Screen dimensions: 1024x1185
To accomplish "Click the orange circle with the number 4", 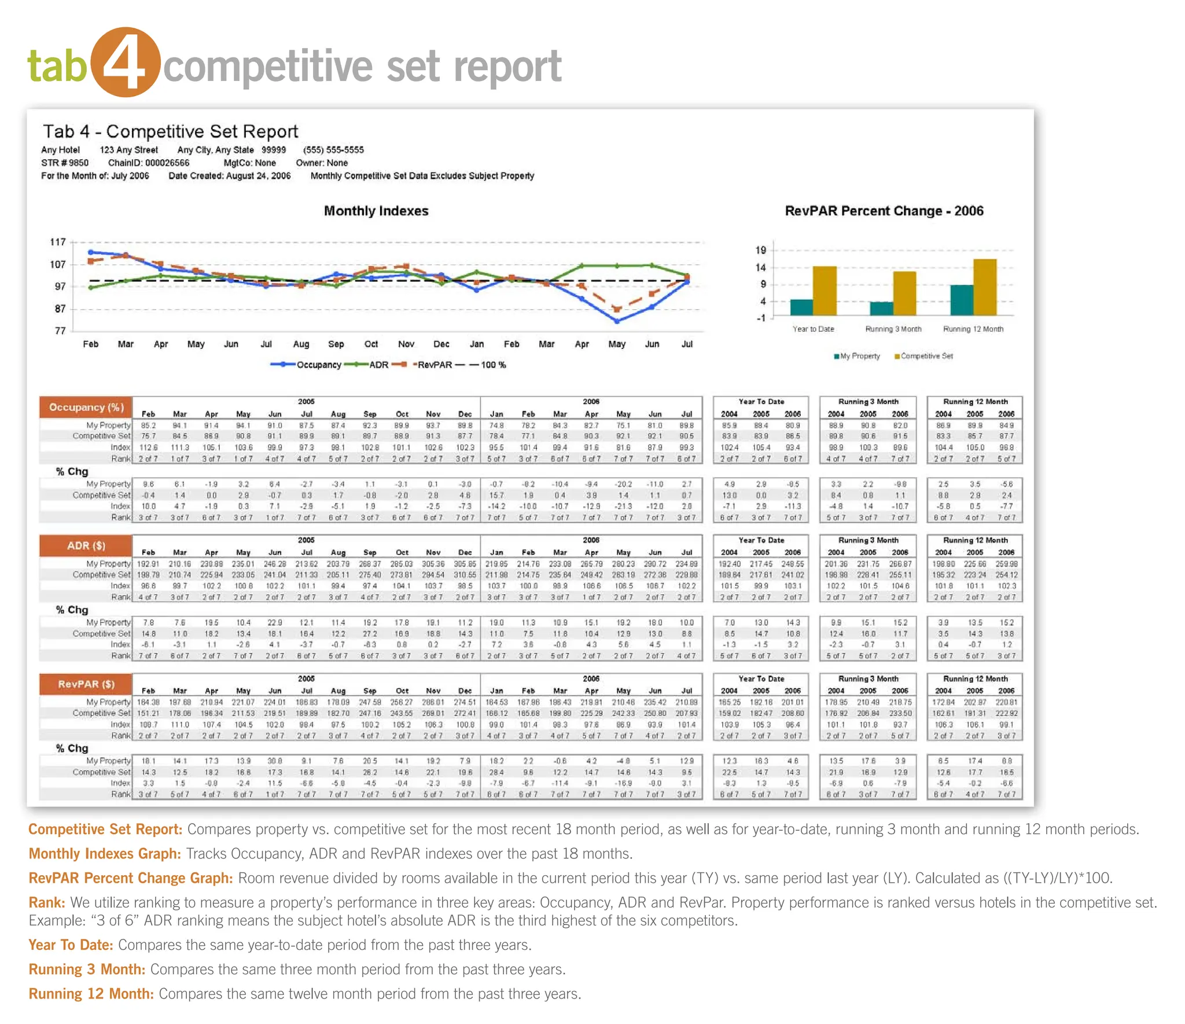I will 126,62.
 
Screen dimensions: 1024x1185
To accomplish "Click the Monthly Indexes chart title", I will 376,211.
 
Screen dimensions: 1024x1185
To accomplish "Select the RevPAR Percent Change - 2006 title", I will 884,211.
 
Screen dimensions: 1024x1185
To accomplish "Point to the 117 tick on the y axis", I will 58,242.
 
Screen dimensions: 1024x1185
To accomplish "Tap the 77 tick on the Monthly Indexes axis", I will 60,331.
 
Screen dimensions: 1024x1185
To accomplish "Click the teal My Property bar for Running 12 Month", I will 961,300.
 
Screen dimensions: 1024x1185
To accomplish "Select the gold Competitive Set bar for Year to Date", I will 825,291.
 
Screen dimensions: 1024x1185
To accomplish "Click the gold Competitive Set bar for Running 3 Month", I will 904,293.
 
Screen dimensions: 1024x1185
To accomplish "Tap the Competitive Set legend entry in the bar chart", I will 924,356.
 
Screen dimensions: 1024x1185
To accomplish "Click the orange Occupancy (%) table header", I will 86,407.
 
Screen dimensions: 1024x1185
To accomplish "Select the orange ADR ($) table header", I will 86,545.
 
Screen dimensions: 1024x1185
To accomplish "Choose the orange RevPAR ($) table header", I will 86,684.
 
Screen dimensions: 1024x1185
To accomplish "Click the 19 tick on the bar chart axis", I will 760,250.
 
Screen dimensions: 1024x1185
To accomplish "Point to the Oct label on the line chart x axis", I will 371,344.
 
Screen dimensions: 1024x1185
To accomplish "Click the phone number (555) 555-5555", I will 333,150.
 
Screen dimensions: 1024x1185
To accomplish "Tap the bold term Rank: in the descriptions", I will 47,902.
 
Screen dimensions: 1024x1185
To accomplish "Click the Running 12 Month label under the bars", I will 973,329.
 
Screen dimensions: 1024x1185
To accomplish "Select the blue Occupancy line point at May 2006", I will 617,320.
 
